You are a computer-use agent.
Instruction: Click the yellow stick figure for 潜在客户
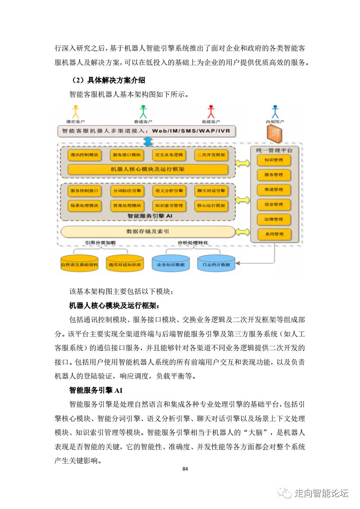(75, 112)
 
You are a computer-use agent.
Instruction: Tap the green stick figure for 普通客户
(143, 112)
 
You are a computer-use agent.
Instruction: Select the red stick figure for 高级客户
(211, 112)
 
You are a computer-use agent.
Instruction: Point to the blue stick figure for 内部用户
(275, 112)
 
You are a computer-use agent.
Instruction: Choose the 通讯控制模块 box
(85, 155)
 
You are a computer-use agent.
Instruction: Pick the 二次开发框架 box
(210, 155)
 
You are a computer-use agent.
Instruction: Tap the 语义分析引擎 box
(169, 191)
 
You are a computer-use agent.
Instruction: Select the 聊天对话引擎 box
(210, 191)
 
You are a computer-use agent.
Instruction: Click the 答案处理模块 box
(127, 206)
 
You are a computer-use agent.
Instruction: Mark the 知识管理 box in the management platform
(274, 160)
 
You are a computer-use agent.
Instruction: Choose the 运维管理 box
(274, 219)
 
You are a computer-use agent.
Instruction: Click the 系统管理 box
(274, 234)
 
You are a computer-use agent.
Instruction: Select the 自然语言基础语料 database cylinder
(79, 264)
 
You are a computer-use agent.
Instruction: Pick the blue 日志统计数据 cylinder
(216, 264)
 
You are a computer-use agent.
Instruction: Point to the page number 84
(185, 469)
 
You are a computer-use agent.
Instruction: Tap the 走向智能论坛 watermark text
(321, 493)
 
